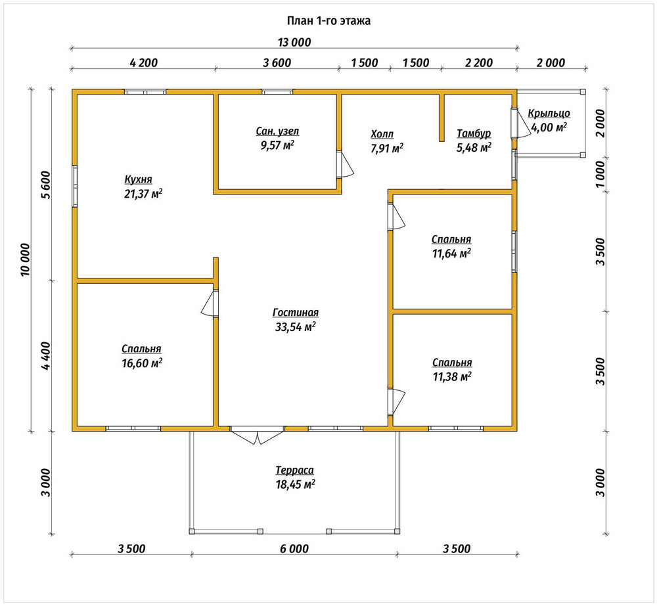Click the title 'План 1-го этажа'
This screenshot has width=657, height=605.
pos(328,21)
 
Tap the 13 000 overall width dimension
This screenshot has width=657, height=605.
pos(294,42)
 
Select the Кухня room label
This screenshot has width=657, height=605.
pos(138,179)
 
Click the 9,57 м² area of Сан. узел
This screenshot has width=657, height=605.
pos(277,145)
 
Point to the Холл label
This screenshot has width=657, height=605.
pos(382,134)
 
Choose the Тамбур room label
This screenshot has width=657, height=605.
pos(474,133)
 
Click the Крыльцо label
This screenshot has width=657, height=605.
pos(549,114)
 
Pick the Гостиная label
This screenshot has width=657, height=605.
pos(296,313)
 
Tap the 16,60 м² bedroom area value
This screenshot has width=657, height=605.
pos(142,363)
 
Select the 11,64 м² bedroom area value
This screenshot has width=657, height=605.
pos(451,254)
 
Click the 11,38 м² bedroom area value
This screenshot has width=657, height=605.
pos(452,376)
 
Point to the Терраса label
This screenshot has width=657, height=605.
pos(294,470)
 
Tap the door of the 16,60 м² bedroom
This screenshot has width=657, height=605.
pos(210,302)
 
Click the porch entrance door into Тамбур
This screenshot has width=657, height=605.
pos(520,123)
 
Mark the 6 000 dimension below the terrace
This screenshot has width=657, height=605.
pos(294,549)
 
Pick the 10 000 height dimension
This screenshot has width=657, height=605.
pos(25,259)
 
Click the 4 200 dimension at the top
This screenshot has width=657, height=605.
pos(144,63)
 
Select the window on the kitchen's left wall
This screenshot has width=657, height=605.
pos(75,186)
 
